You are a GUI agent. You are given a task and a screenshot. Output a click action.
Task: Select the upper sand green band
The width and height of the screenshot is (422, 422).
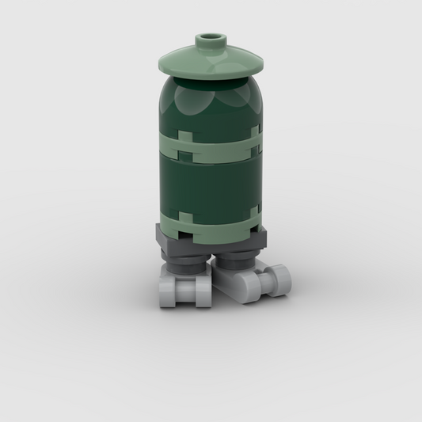pyautogui.click(x=211, y=144)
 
